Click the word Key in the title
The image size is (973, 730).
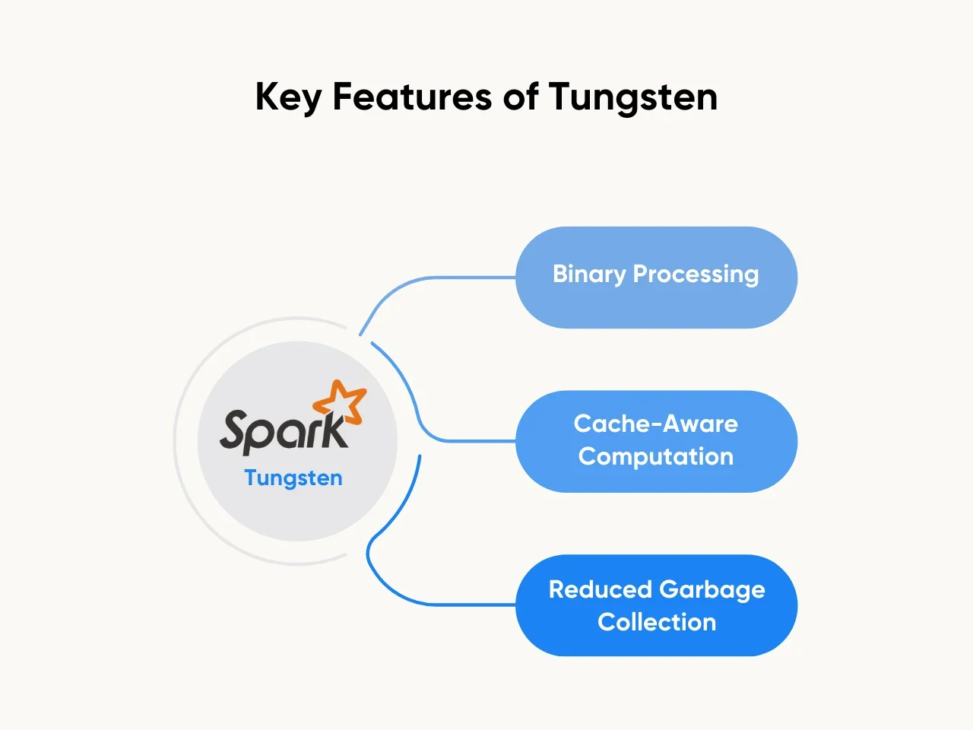coord(288,97)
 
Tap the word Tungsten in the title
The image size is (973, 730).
coord(632,97)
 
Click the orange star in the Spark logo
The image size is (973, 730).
coord(341,401)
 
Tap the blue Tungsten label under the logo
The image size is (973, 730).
coord(293,478)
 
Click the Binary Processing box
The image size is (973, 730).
coord(656,278)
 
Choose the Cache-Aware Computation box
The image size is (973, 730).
coord(656,441)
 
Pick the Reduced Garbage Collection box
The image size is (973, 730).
coord(656,605)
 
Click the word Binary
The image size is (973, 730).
coord(589,275)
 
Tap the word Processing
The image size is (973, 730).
coord(696,275)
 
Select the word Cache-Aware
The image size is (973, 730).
coord(656,424)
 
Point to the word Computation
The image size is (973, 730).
coord(656,456)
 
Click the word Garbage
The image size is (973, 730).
coord(712,589)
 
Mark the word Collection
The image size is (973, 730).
coord(657,622)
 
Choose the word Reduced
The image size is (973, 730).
coord(601,589)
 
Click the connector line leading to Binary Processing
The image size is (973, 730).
coord(441,278)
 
